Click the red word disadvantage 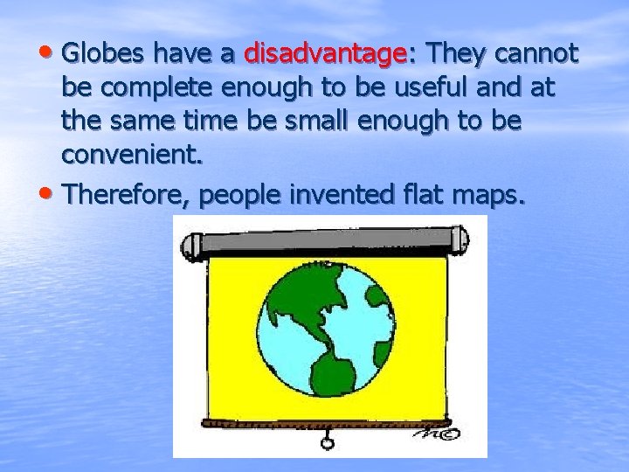coord(324,54)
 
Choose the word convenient coord(131,155)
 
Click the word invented coord(342,194)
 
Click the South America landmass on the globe coord(332,367)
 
